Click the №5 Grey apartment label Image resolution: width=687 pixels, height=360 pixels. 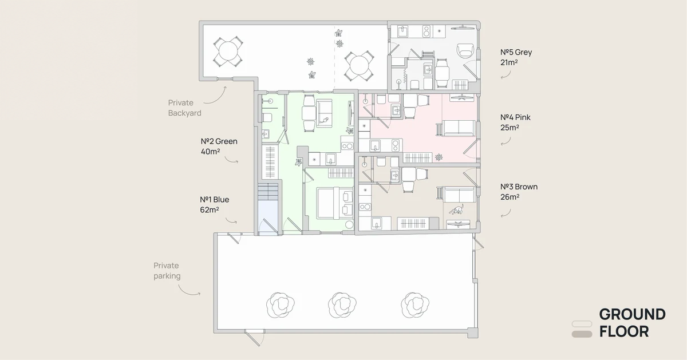pos(516,52)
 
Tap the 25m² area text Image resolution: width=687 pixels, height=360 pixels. pos(510,127)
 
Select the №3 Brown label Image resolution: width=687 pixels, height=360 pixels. pos(519,187)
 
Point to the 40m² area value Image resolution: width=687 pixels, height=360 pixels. pos(211,152)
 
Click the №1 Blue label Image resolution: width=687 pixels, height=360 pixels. pos(214,200)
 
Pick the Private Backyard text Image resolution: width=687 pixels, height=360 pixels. pos(184,108)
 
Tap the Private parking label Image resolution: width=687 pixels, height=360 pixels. pos(167,271)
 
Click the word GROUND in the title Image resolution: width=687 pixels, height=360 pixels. pos(633,315)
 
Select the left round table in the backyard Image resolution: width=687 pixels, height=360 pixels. pos(228,52)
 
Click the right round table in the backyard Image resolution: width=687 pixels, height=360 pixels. pos(359,66)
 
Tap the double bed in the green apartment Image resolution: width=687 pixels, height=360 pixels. pos(335,203)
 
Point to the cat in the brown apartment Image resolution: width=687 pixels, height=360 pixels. pos(457,209)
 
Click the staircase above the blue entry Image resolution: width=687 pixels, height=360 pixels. pos(268,192)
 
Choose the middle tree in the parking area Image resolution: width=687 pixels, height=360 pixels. pos(342,306)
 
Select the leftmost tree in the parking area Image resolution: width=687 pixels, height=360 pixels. pos(280,306)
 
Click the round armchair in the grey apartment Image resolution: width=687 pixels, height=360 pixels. pos(465,50)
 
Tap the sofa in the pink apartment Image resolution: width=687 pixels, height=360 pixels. pos(456,128)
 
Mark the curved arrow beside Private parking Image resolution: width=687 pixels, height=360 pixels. pos(189,290)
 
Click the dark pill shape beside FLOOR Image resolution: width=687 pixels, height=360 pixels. pos(582,334)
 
